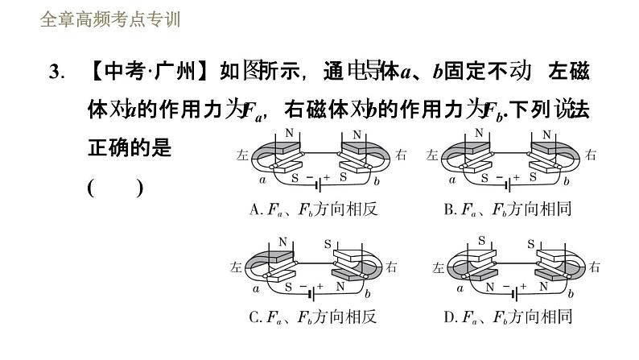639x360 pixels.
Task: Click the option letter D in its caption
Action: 449,317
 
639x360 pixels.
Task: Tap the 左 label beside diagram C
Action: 235,266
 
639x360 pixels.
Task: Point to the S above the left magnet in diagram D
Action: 482,240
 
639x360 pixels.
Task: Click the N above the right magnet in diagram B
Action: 547,134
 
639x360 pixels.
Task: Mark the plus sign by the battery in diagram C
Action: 319,286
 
